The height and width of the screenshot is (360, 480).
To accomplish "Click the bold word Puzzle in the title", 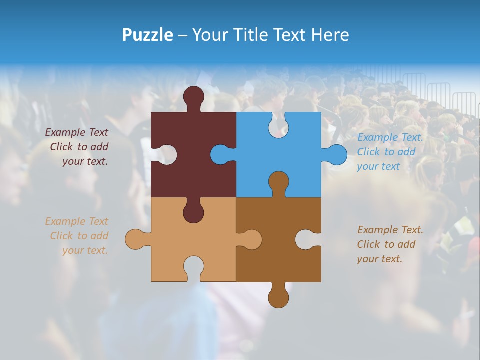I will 147,35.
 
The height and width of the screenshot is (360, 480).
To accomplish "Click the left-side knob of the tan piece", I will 135,239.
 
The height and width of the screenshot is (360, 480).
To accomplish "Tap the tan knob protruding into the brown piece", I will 251,239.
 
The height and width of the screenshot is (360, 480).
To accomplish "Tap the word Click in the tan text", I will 61,236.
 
